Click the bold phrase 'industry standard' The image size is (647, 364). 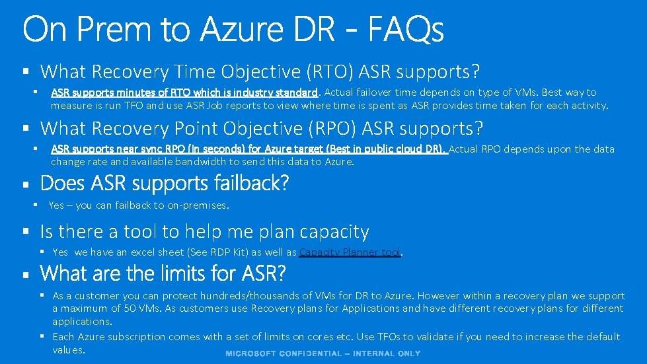pos(277,92)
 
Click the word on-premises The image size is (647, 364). pos(197,205)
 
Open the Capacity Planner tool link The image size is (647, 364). pos(350,252)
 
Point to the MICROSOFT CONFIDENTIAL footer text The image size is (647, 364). pos(323,353)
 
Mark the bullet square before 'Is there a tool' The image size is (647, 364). pos(26,232)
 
